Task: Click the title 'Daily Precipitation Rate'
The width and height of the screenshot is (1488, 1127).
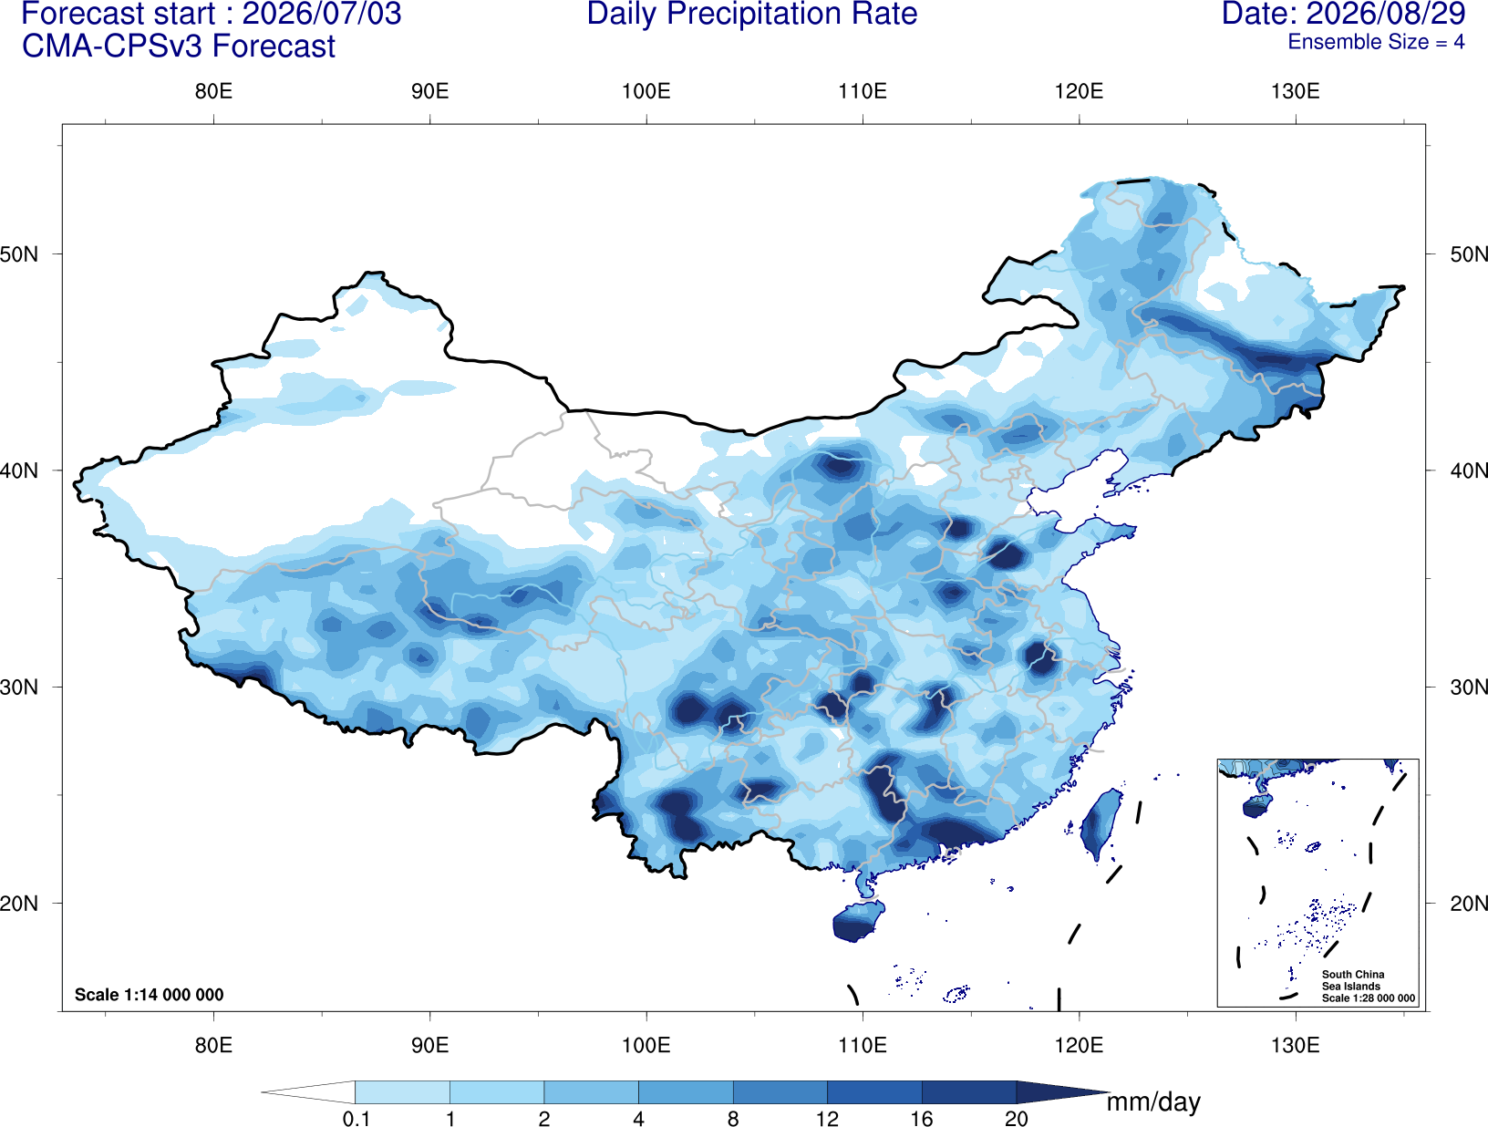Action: [752, 15]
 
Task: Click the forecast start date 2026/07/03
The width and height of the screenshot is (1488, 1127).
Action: [322, 14]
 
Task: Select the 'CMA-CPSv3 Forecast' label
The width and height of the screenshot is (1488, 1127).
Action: [179, 47]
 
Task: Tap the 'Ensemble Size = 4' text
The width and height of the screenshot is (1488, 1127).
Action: [1376, 42]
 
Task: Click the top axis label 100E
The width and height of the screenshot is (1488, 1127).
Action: [646, 91]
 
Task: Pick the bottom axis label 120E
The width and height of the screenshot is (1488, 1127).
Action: [1079, 1044]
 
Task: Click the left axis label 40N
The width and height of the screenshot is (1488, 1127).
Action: [19, 470]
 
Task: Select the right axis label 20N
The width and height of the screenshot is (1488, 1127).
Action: [1469, 904]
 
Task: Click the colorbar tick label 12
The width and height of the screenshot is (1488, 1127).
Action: [827, 1118]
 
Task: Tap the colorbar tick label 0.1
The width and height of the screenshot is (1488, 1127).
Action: [356, 1118]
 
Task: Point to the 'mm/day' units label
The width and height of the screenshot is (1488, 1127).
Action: [1153, 1102]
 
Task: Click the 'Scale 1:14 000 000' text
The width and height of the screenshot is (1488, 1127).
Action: [150, 994]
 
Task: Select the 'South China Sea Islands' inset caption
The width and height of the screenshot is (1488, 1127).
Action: [1353, 980]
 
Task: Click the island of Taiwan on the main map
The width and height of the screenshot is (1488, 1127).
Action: [1099, 822]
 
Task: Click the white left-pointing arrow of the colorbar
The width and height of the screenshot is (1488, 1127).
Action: [308, 1091]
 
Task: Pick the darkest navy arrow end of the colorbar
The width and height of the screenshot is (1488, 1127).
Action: [1062, 1091]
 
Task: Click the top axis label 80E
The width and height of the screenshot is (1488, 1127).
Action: [213, 91]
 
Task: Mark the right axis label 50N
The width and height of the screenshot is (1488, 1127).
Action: [1469, 254]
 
